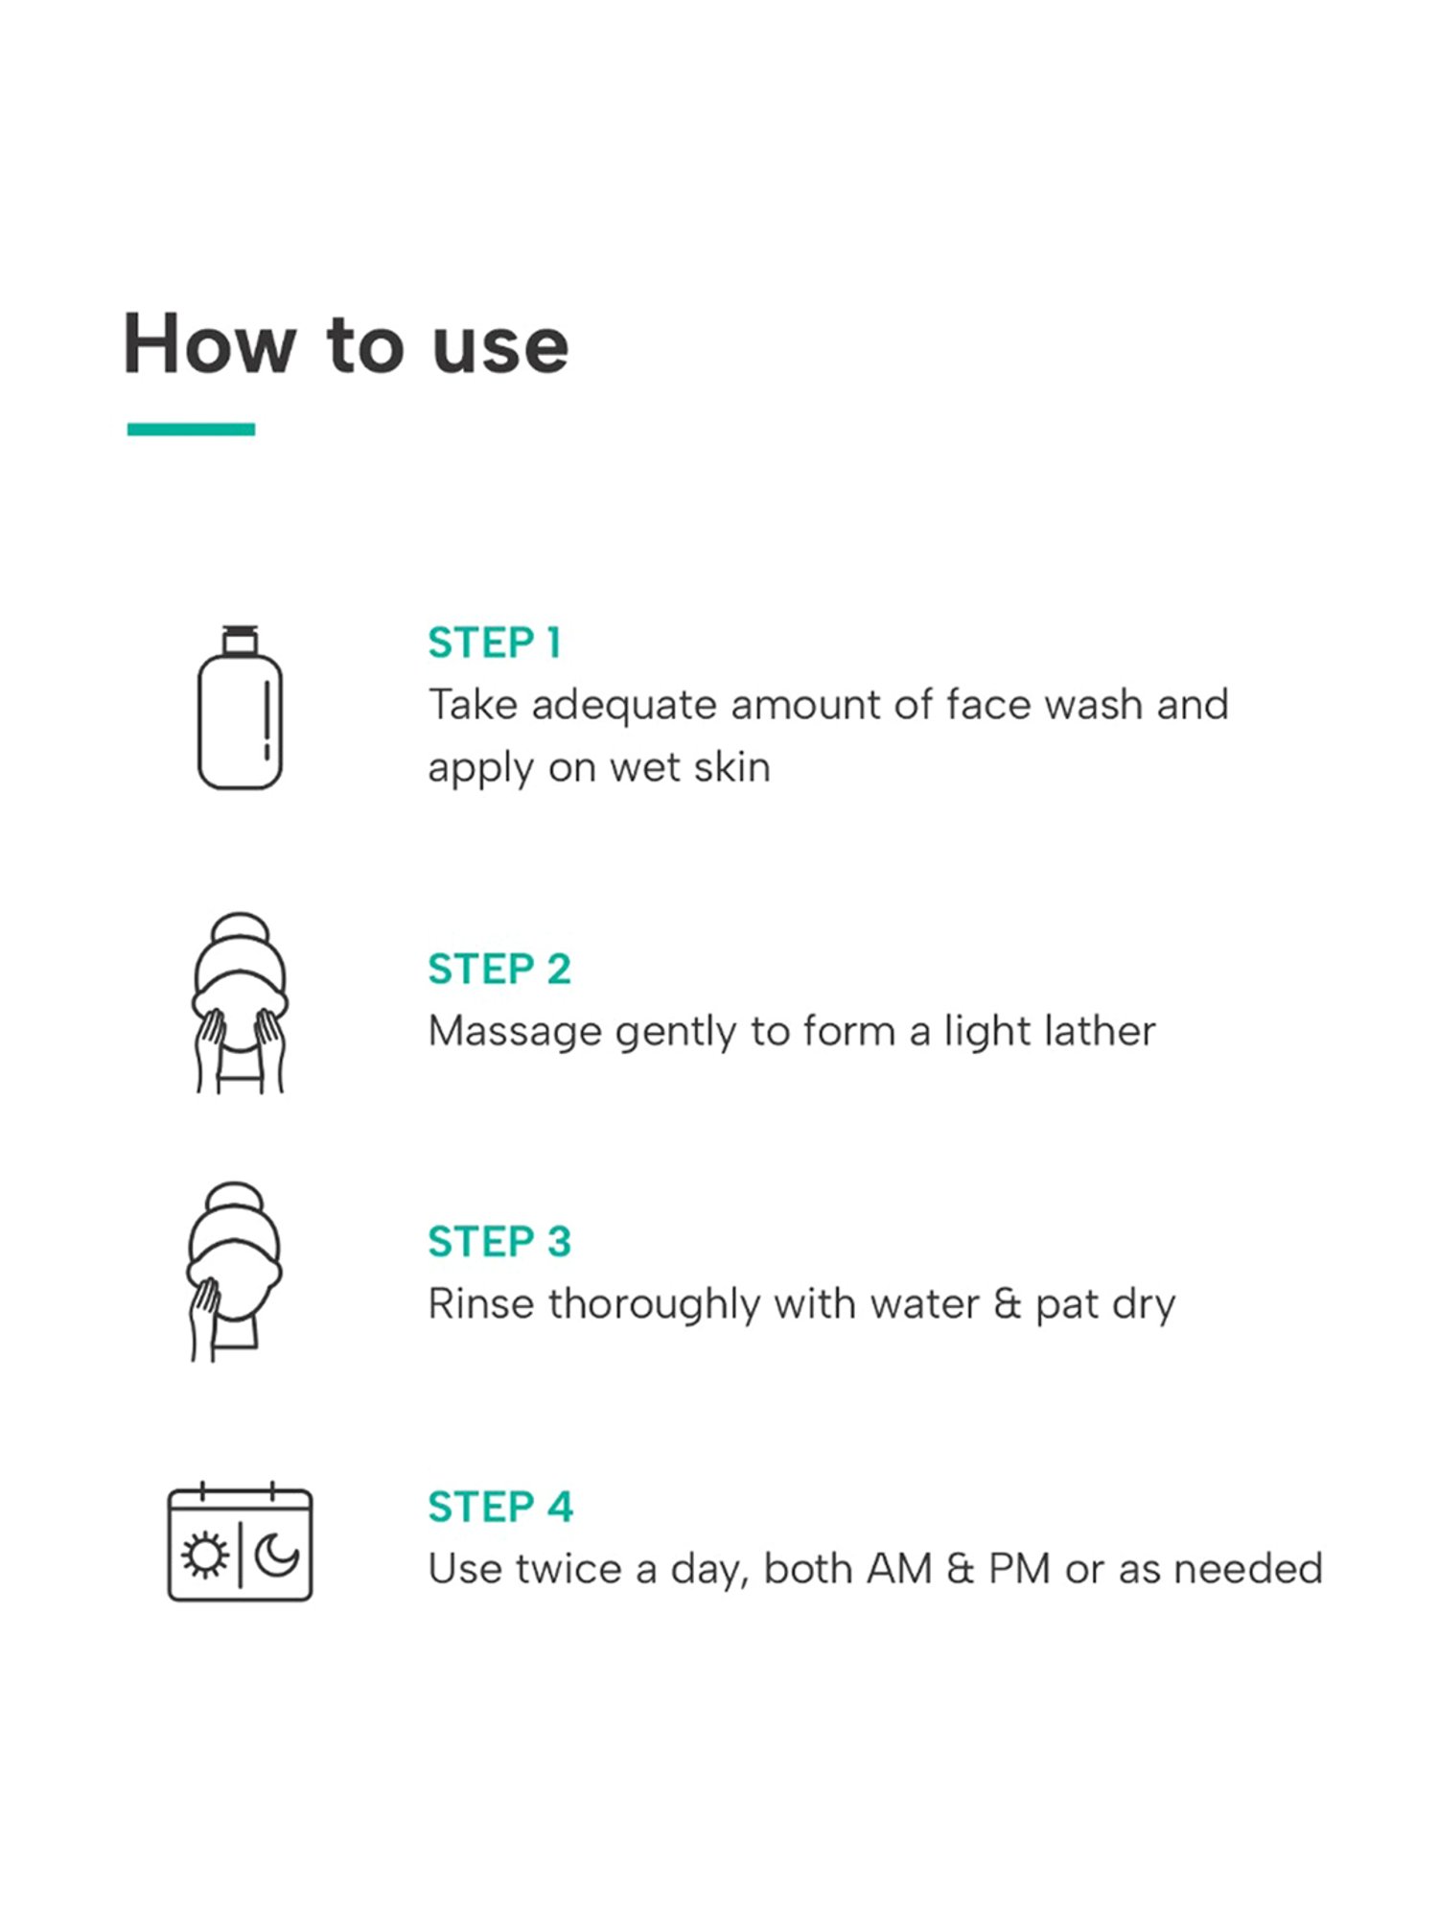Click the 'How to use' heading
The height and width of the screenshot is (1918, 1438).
tap(346, 343)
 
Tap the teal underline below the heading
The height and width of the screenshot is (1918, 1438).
tap(191, 429)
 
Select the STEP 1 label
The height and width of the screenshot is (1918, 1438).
tap(495, 643)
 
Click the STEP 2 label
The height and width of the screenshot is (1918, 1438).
tap(499, 969)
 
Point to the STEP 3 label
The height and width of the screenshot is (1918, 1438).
tap(499, 1241)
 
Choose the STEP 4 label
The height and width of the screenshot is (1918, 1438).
tap(500, 1507)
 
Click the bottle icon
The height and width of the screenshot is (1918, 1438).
tap(240, 708)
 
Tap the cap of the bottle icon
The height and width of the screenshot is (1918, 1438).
tap(240, 640)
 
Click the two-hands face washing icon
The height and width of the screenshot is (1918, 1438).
tap(240, 1002)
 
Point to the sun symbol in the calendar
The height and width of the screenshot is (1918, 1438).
tap(204, 1555)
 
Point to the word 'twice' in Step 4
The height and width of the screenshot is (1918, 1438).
tap(573, 1569)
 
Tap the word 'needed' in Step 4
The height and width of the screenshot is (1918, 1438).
tap(1248, 1569)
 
